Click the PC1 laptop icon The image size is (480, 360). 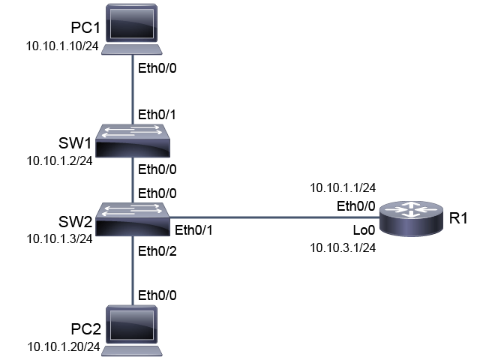tap(132, 29)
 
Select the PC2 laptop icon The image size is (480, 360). tap(132, 331)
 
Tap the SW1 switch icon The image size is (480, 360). tap(133, 141)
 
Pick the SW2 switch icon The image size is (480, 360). tap(133, 219)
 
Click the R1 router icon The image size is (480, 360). tap(411, 218)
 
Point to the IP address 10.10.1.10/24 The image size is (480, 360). tap(62, 46)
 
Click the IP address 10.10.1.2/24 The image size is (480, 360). tap(60, 161)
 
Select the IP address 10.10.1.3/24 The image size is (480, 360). tap(60, 239)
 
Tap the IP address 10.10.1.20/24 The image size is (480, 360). tap(64, 347)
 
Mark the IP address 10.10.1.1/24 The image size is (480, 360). tap(343, 188)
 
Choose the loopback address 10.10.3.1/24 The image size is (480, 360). tap(343, 248)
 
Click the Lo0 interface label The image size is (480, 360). tap(364, 230)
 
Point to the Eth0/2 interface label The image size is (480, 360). tap(157, 251)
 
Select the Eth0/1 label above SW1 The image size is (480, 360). tap(157, 115)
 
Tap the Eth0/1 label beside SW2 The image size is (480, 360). tap(193, 230)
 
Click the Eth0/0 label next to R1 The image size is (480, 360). tap(356, 207)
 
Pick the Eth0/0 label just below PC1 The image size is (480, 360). tap(157, 68)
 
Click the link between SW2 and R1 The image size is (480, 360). tap(274, 217)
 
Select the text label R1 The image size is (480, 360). tap(458, 218)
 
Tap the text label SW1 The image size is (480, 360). tap(75, 143)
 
